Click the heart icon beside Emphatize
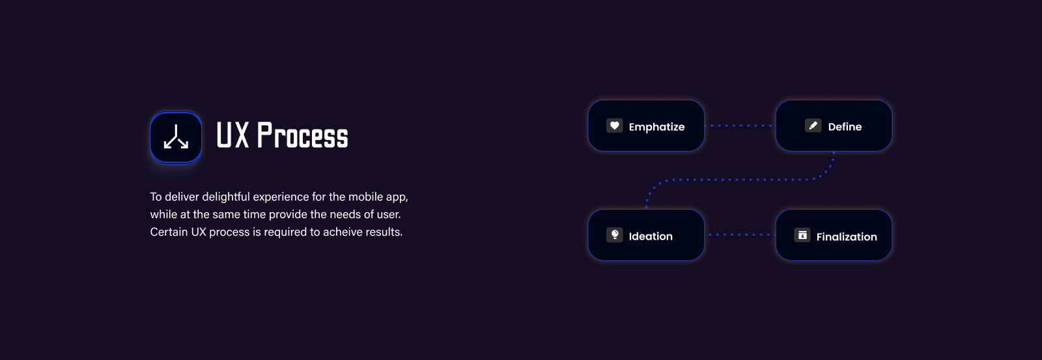(615, 126)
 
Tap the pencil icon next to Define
(813, 126)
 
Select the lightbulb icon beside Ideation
(615, 235)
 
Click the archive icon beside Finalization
(802, 235)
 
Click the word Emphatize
(656, 127)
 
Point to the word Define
(845, 126)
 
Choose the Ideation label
(651, 236)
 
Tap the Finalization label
(847, 237)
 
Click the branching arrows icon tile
(176, 137)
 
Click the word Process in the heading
(302, 135)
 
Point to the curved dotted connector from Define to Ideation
(740, 180)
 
